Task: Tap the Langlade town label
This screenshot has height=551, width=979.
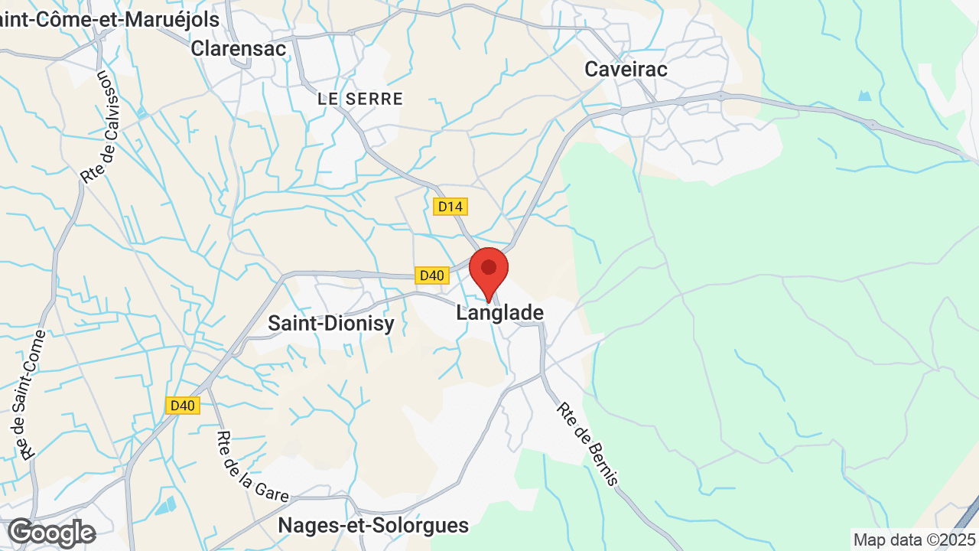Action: click(x=500, y=313)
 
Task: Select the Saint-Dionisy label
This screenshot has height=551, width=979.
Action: click(x=331, y=323)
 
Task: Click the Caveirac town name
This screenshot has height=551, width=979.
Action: click(x=626, y=69)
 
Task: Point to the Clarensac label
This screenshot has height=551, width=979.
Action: click(x=239, y=48)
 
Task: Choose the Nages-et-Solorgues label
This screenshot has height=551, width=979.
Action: click(x=373, y=526)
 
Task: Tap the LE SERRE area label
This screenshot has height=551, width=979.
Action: click(x=360, y=99)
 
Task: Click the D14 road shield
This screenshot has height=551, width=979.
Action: click(x=450, y=207)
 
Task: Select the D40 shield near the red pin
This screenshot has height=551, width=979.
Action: click(x=431, y=275)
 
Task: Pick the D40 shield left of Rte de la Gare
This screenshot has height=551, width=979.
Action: click(x=183, y=406)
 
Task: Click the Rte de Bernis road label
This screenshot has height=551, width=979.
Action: click(x=587, y=444)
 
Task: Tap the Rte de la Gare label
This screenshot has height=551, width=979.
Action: click(x=252, y=467)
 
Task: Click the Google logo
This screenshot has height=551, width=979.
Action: click(x=51, y=533)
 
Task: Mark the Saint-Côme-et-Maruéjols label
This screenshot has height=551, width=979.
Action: click(x=109, y=19)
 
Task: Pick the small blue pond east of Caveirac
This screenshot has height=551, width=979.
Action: click(x=864, y=96)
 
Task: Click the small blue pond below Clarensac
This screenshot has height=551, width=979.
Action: click(x=142, y=113)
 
